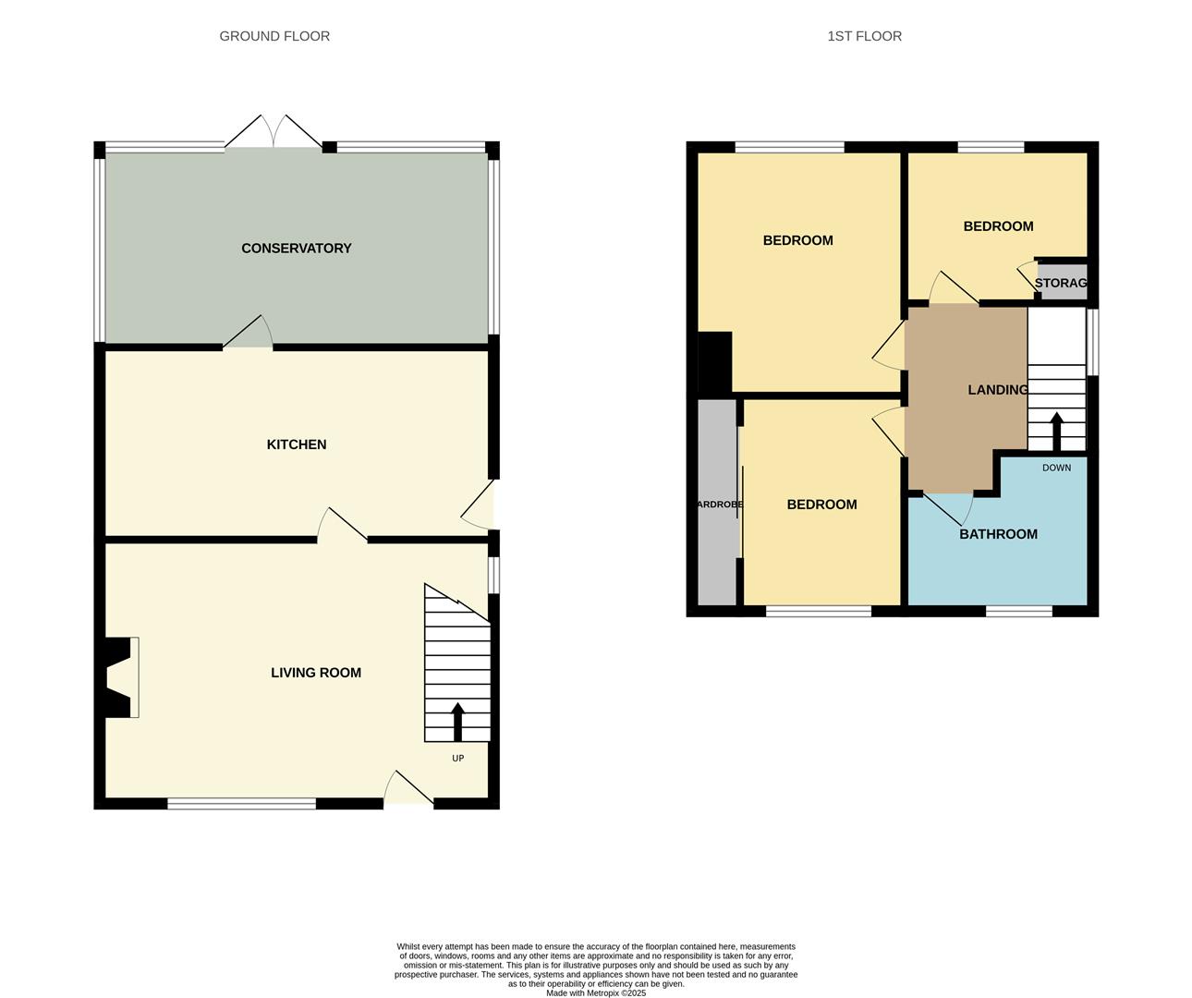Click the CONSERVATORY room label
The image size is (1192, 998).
pos(296,249)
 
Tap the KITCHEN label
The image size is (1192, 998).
pos(296,444)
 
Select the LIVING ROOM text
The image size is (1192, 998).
pos(315,673)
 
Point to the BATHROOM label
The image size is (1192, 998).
pos(998,534)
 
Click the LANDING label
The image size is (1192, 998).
pos(997,390)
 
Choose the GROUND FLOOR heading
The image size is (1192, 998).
pos(274,36)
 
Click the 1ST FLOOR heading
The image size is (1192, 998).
pos(864,36)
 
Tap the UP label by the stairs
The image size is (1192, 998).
pos(457,759)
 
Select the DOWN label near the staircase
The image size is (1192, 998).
pos(1056,468)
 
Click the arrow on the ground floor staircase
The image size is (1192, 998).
pos(457,721)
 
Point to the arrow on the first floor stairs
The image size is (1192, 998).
pos(1056,431)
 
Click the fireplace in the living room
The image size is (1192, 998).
pos(121,677)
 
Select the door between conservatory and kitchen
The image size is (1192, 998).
pos(248,334)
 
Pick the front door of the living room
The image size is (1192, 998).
pos(408,790)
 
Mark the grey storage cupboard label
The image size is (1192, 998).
pos(1061,283)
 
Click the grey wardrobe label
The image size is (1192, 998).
pos(718,505)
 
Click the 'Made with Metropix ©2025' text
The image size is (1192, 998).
pos(596,993)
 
